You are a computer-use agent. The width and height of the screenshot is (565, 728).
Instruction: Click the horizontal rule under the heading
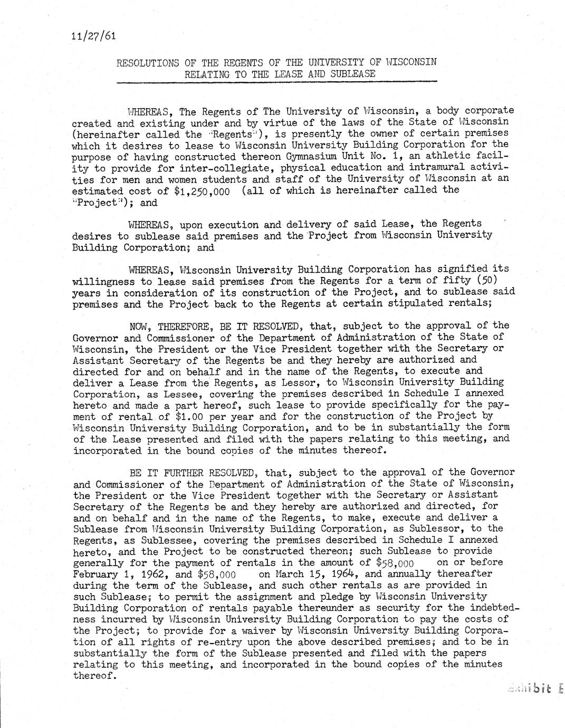tap(277, 82)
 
